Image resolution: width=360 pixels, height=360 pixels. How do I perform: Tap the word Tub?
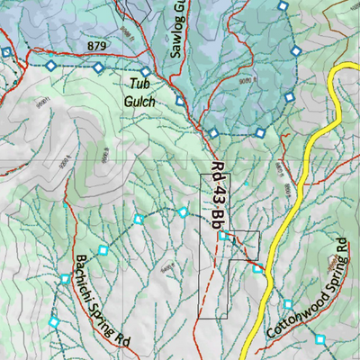[138, 84]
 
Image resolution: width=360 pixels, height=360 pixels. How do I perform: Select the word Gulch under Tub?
[140, 101]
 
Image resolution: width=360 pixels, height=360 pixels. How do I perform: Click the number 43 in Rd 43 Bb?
[218, 195]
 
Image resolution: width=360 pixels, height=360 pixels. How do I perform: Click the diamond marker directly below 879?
[96, 67]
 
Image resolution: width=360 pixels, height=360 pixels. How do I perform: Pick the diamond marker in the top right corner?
[283, 6]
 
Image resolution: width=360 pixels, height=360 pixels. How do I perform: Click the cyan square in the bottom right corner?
[320, 339]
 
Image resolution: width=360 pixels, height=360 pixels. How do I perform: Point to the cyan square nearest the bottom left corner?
[54, 321]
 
